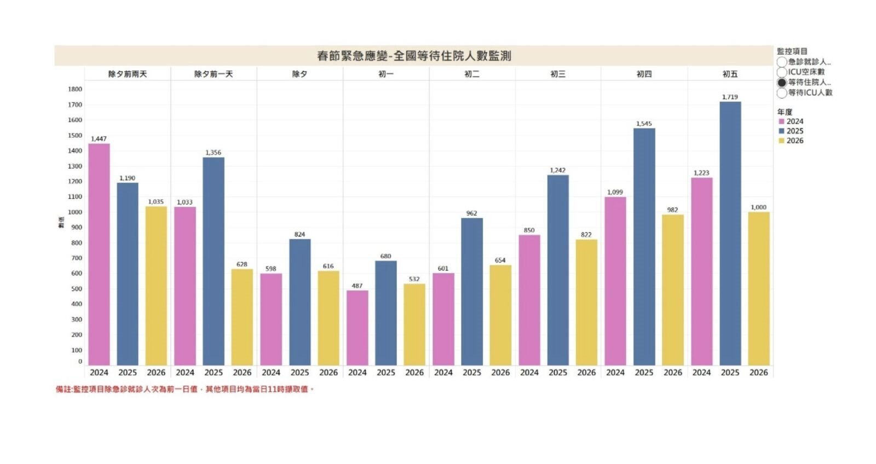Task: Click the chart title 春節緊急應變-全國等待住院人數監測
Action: pos(414,56)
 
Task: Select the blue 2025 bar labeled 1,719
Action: pos(730,235)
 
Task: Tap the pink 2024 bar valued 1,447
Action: pos(99,254)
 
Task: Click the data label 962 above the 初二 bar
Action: pos(471,213)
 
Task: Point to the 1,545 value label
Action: pos(644,124)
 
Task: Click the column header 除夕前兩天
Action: pos(128,74)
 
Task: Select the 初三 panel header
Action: pos(558,74)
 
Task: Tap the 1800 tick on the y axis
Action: pos(75,89)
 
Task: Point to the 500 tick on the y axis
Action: pos(76,288)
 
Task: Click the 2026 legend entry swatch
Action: pos(781,141)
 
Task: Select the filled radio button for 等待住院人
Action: pos(782,83)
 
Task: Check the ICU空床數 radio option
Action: pos(782,72)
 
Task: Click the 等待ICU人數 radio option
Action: pos(782,93)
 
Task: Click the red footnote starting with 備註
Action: pos(185,389)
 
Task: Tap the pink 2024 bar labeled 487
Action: pos(357,328)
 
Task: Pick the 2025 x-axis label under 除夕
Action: pos(299,372)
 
